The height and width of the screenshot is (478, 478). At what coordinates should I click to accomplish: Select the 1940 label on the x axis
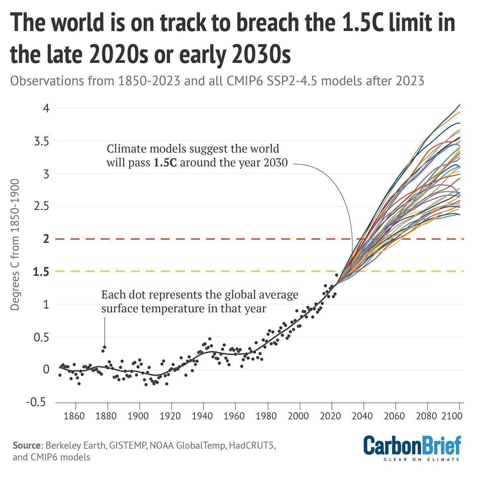tap(203, 417)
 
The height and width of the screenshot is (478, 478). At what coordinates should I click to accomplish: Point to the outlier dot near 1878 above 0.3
tap(105, 347)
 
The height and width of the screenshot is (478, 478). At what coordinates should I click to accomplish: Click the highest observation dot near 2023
tap(337, 275)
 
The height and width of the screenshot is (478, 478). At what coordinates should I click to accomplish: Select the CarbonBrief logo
tap(412, 448)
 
